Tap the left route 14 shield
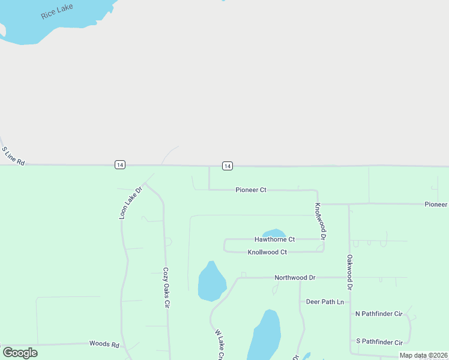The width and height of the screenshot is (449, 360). click(x=120, y=165)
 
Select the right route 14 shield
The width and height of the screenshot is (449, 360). click(x=227, y=166)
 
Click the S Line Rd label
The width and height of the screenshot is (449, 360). click(x=13, y=156)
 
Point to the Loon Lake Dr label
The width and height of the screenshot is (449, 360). click(x=130, y=202)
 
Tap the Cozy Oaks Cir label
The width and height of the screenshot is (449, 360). click(x=167, y=287)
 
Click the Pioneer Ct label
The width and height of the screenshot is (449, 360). click(x=251, y=190)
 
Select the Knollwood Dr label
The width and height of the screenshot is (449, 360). click(x=321, y=221)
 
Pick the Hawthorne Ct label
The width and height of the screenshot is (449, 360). click(x=274, y=239)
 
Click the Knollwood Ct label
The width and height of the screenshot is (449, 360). click(x=267, y=252)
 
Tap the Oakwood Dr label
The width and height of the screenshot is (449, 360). click(x=349, y=272)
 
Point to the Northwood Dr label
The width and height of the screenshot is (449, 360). click(x=295, y=278)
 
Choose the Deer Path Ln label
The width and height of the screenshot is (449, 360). click(x=325, y=302)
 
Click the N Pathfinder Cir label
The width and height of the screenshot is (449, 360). click(x=378, y=314)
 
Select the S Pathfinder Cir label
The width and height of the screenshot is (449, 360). click(x=379, y=342)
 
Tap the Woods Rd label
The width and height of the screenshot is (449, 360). click(x=104, y=344)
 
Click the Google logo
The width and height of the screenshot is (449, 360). click(x=20, y=353)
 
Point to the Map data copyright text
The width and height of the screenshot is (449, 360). click(x=423, y=355)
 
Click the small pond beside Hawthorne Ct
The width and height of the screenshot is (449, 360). click(x=274, y=232)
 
